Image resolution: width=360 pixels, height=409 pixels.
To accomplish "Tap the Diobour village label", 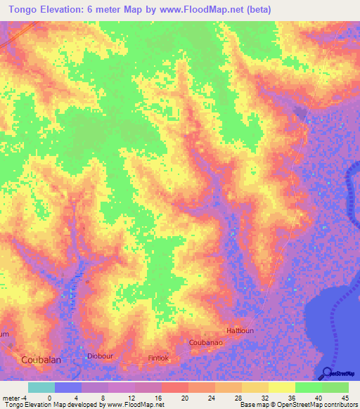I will point(100,356).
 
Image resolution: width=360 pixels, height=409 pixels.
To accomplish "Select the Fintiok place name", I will point(158,358).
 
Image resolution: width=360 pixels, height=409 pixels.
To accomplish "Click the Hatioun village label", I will point(224,330).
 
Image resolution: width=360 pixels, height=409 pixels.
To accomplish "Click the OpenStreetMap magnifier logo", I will point(328,372).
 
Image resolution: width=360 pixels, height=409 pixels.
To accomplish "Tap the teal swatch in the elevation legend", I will point(41,387).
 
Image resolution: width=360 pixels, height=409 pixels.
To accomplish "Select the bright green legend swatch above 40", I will point(308,387).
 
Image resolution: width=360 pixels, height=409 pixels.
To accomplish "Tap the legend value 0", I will point(49,398).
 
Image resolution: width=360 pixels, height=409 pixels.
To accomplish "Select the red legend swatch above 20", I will point(174,387).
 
